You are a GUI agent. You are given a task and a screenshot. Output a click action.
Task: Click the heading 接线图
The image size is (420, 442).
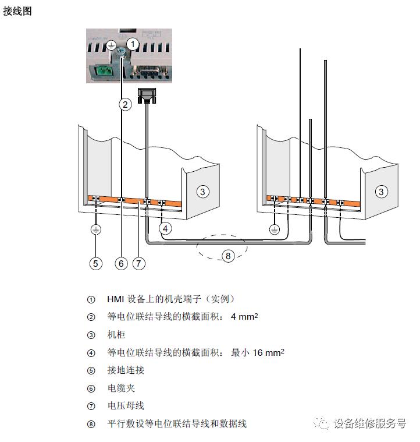coord(17,12)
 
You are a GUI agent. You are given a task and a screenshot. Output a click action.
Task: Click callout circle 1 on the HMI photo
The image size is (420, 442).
coord(133,44)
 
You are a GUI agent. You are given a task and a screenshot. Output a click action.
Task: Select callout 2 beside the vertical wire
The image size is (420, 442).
coord(125,105)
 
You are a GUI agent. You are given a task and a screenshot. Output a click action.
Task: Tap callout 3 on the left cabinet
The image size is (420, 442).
coord(202,192)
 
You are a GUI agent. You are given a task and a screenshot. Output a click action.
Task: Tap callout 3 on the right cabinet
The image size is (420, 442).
coord(381,192)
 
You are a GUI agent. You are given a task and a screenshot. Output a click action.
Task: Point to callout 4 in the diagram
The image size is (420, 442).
coord(166,229)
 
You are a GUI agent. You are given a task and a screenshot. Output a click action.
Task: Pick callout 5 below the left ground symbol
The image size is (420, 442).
coord(96,264)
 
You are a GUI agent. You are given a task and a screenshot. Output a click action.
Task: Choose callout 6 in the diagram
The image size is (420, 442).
coord(121,264)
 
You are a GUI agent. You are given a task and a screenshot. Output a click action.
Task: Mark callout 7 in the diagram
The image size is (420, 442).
coord(138,264)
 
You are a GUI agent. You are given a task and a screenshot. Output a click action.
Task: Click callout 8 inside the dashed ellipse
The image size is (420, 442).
coord(228,256)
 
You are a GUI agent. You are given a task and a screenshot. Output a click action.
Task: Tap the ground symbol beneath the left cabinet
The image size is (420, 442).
coord(96,230)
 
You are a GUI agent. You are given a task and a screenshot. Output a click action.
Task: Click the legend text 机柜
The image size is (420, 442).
coord(116,335)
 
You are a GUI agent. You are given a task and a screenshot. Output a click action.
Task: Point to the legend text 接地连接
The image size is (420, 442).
coord(126,370)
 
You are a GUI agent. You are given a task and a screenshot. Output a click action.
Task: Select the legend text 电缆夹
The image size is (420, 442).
coord(121,388)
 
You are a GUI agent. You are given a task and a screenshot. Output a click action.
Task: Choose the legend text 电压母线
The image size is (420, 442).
coord(126,406)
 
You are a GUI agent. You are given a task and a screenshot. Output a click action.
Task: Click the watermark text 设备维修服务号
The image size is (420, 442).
coord(370,423)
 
